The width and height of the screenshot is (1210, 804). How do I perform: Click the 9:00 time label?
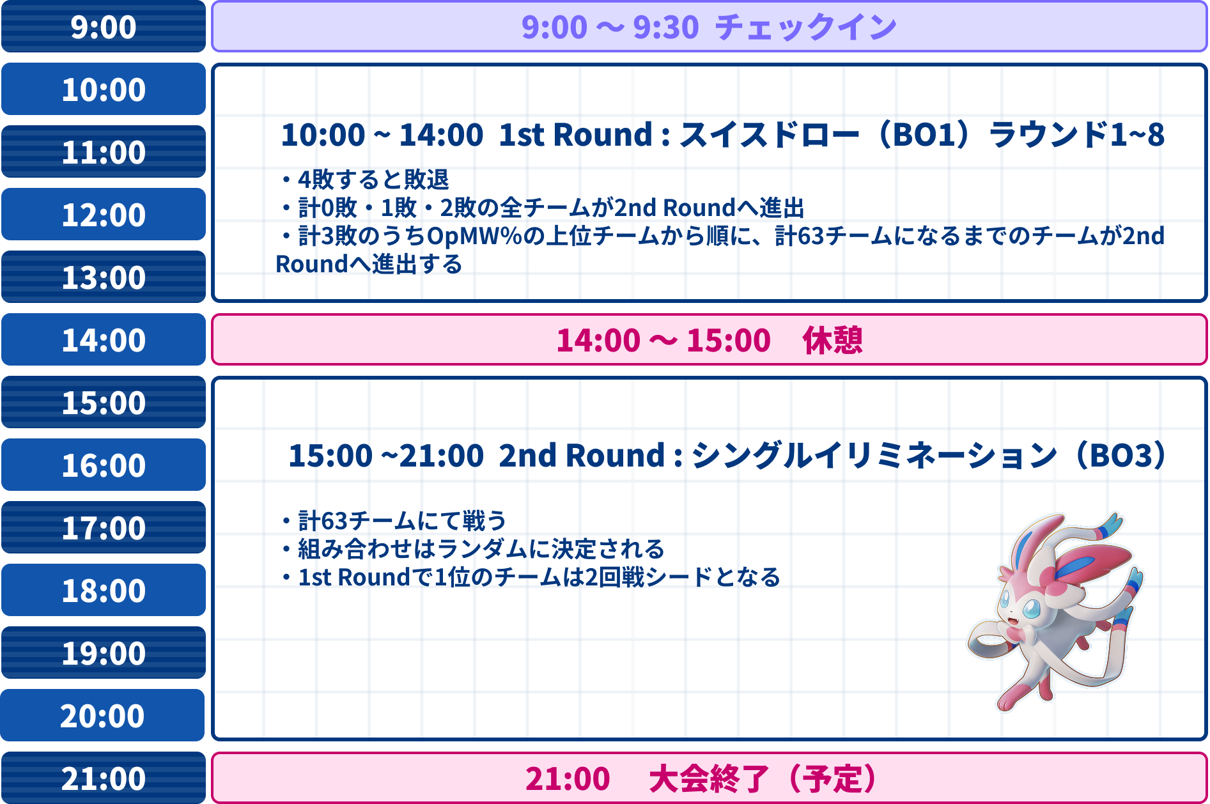click(x=103, y=27)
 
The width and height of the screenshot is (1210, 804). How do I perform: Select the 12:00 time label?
click(x=103, y=215)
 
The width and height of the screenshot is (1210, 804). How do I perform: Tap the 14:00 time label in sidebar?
click(x=103, y=340)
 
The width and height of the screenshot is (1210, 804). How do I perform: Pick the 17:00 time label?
click(x=103, y=528)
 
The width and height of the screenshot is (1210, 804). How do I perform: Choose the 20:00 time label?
click(x=102, y=716)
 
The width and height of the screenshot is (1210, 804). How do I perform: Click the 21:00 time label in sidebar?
click(x=103, y=778)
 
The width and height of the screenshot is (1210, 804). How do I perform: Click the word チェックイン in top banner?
click(x=805, y=27)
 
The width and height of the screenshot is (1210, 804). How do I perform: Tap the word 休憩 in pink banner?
click(x=832, y=340)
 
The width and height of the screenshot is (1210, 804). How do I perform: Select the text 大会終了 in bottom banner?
click(x=708, y=779)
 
